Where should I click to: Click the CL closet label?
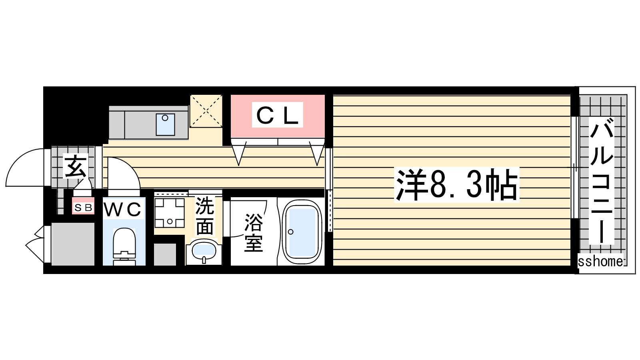click(278, 115)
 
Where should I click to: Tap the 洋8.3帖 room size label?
click(456, 185)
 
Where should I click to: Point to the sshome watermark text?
click(600, 262)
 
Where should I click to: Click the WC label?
click(122, 210)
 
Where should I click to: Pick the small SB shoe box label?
click(83, 208)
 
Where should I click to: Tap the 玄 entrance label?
click(75, 166)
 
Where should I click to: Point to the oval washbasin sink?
click(204, 252)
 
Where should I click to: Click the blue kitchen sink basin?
click(166, 124)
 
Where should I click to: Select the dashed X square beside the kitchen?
click(206, 111)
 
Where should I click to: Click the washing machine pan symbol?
click(170, 212)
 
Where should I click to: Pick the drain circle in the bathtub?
click(291, 232)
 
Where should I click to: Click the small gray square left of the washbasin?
click(165, 254)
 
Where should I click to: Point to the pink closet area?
click(278, 116)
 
